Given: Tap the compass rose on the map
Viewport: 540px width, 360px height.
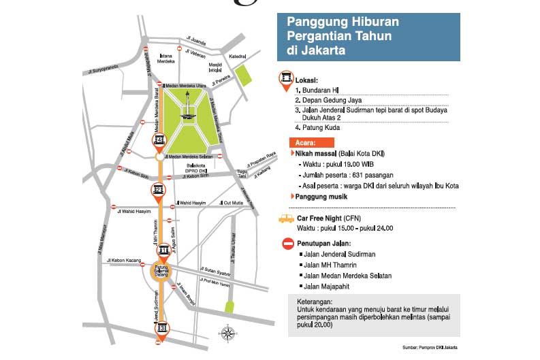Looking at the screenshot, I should (228, 333).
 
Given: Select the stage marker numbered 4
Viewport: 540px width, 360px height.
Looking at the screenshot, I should (159, 142).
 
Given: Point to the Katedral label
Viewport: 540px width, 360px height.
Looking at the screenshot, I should (238, 56).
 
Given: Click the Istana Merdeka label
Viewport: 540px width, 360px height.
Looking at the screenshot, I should (166, 58).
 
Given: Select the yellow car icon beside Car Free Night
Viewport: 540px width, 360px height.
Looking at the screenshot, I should (285, 219).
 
